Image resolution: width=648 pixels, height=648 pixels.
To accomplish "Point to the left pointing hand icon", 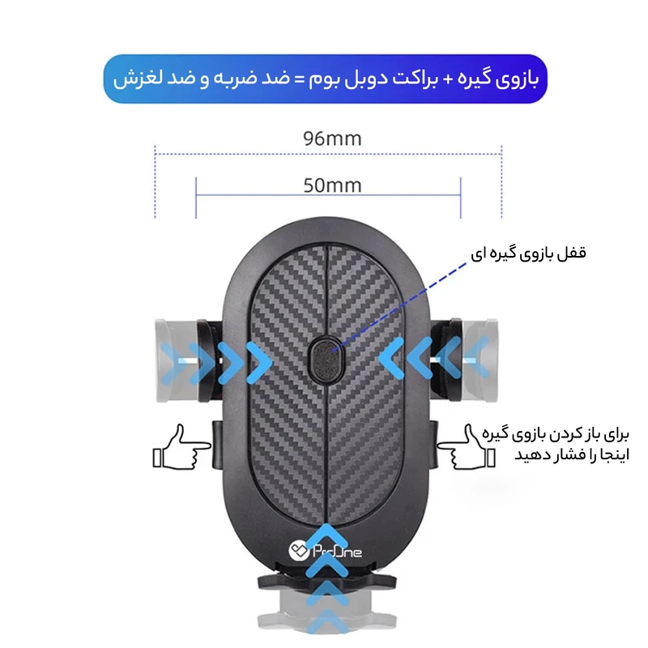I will tap(177, 448).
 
